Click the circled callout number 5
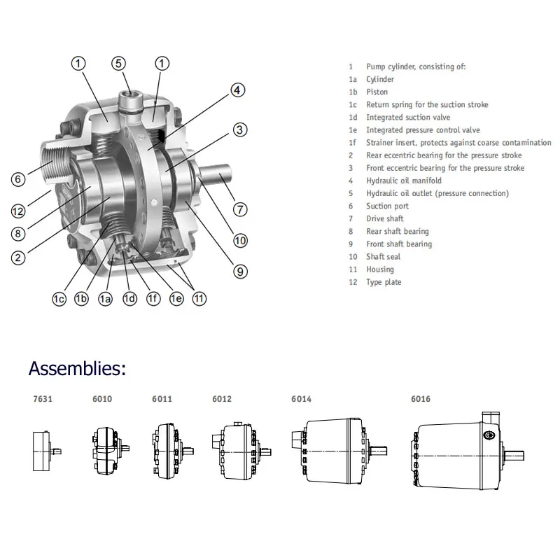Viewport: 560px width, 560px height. (x=120, y=63)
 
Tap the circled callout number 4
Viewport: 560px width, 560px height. (x=238, y=90)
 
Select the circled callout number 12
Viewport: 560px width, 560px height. (x=19, y=210)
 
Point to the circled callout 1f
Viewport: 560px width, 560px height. (x=153, y=299)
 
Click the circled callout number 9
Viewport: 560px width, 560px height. (x=240, y=272)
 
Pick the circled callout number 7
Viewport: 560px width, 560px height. (x=240, y=209)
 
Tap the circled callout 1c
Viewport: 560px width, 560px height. (x=59, y=299)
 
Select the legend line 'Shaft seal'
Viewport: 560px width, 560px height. (x=383, y=257)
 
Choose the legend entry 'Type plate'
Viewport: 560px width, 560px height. (x=384, y=282)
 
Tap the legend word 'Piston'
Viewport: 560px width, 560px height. (x=377, y=92)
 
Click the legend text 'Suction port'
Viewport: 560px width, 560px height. (x=387, y=206)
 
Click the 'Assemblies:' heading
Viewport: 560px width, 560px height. (x=77, y=368)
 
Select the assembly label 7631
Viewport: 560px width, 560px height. (x=42, y=399)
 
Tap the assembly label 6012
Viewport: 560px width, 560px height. (x=221, y=399)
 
